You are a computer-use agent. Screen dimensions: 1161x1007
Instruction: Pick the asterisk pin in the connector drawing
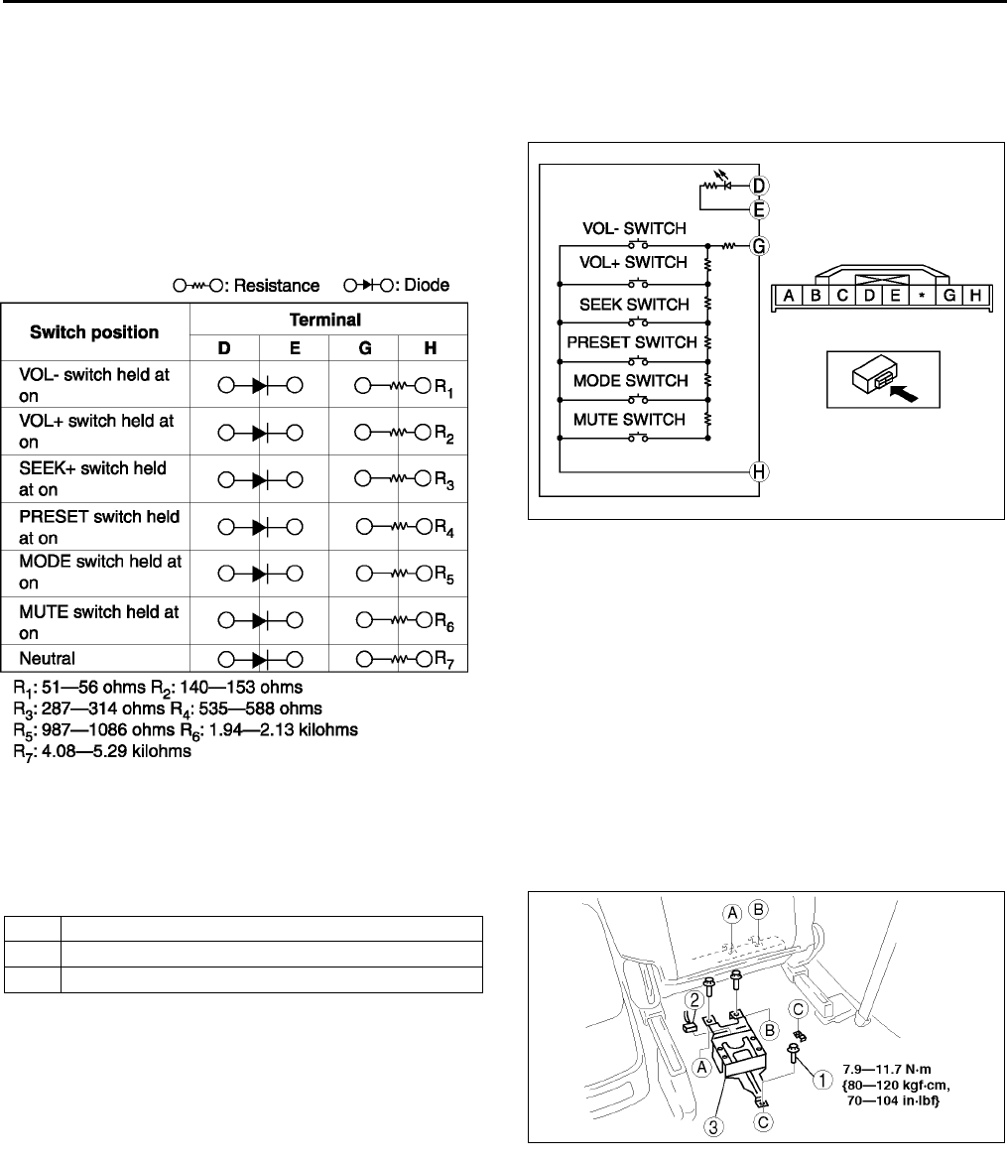coord(921,296)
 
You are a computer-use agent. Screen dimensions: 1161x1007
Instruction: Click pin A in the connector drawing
coord(787,296)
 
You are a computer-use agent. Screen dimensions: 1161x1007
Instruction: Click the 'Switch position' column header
coord(94,332)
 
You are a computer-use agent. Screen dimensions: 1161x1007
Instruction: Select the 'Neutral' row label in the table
coord(46,657)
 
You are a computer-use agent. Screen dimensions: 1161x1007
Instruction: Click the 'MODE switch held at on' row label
coord(99,572)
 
